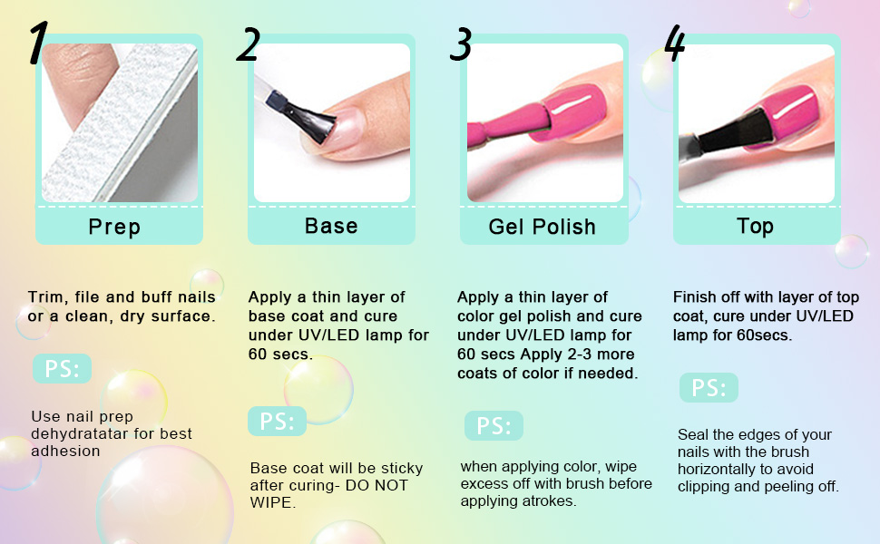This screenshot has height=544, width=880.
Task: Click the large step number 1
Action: pyautogui.click(x=38, y=43)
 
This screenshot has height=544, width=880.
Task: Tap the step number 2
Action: pyautogui.click(x=249, y=44)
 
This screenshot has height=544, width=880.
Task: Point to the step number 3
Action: pyautogui.click(x=461, y=44)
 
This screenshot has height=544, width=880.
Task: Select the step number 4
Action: pyautogui.click(x=675, y=43)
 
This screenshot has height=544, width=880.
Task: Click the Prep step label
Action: pyautogui.click(x=114, y=228)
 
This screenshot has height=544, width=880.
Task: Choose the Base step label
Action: pyautogui.click(x=331, y=226)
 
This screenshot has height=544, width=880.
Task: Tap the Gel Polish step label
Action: pyautogui.click(x=543, y=227)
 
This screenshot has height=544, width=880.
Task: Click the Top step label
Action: pyautogui.click(x=756, y=227)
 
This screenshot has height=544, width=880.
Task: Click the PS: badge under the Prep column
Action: pyautogui.click(x=62, y=368)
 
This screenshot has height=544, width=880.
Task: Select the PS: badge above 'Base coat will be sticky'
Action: pyautogui.click(x=278, y=422)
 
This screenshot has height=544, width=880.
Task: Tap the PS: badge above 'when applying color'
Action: pyautogui.click(x=494, y=425)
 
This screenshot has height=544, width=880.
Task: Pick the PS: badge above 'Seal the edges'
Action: pyautogui.click(x=709, y=387)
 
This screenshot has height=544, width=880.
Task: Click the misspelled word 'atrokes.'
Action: pyautogui.click(x=548, y=500)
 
